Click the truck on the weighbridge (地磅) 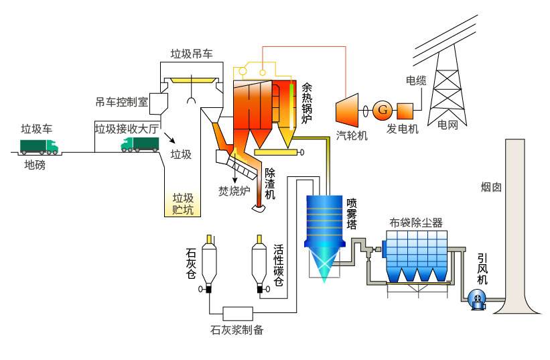tap(39, 145)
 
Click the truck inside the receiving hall tap(139, 143)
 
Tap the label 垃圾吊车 tap(191, 54)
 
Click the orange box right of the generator tap(405, 109)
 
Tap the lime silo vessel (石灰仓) tap(208, 265)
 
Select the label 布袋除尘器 tap(415, 223)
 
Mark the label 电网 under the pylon tap(448, 124)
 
